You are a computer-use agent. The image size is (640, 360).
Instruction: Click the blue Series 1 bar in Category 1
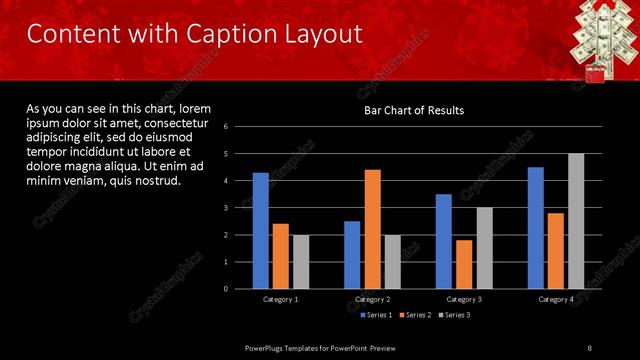260,230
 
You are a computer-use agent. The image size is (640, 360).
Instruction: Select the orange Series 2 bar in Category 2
372,229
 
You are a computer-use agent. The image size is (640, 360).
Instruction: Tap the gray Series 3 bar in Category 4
576,221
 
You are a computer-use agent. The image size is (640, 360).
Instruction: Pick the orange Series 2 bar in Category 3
463,264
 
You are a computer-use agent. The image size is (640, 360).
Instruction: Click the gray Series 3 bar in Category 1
301,262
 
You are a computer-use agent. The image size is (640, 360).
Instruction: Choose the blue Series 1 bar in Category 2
352,255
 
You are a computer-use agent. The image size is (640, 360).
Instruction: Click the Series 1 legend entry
375,315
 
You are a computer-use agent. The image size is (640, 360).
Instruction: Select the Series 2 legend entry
413,315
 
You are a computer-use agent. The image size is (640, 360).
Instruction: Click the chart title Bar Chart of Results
413,110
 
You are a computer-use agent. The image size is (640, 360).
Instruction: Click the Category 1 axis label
281,299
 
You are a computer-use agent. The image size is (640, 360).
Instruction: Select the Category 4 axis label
556,299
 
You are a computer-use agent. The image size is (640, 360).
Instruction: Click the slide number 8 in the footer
590,347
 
